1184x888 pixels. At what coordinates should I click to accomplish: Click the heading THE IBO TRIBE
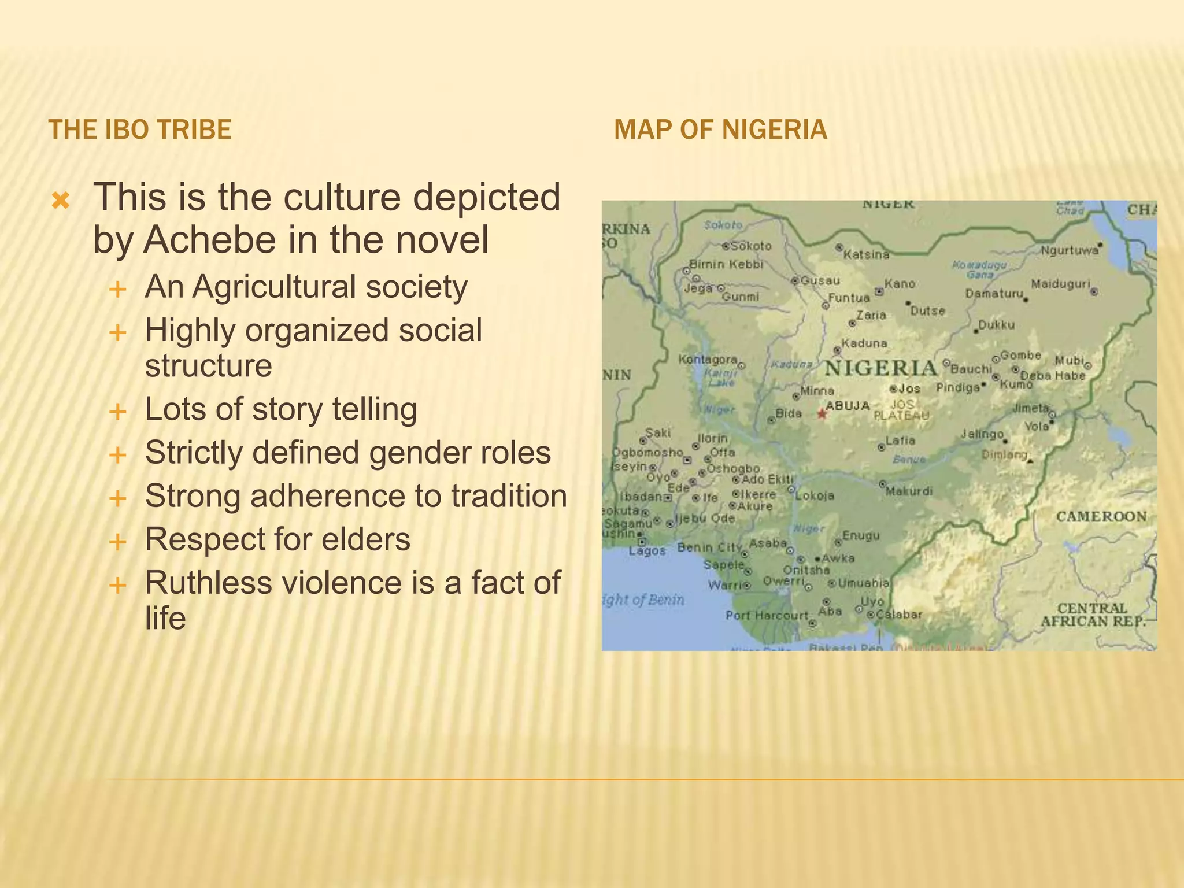pyautogui.click(x=140, y=129)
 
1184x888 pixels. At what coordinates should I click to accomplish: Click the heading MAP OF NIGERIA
pyautogui.click(x=720, y=129)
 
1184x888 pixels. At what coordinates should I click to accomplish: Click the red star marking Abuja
pyautogui.click(x=822, y=414)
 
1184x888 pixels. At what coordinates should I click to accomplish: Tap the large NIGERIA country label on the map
pyautogui.click(x=880, y=368)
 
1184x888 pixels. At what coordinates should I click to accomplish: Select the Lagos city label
pyautogui.click(x=647, y=551)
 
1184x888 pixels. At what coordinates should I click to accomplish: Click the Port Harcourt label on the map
pyautogui.click(x=767, y=615)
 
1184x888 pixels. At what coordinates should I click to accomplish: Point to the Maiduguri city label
pyautogui.click(x=1061, y=284)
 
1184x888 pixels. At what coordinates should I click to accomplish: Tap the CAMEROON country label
pyautogui.click(x=1101, y=516)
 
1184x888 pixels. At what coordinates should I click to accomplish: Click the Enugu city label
pyautogui.click(x=861, y=536)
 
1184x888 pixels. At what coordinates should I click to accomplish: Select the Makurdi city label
pyautogui.click(x=909, y=491)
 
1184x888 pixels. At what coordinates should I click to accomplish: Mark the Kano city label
pyautogui.click(x=900, y=284)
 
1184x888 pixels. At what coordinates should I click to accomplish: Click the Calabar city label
pyautogui.click(x=899, y=614)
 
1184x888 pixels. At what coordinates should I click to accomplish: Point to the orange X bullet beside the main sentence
pyautogui.click(x=61, y=201)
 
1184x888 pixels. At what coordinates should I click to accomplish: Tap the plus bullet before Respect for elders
pyautogui.click(x=118, y=542)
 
